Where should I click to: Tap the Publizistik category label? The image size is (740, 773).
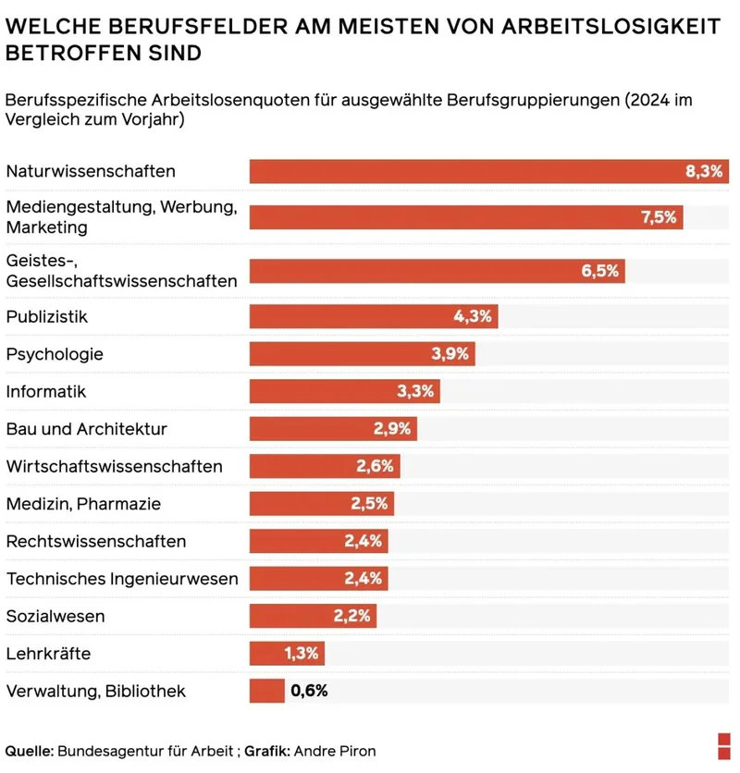[46, 316]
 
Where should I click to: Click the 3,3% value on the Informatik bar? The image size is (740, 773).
[415, 391]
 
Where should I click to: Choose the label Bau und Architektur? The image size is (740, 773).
[87, 429]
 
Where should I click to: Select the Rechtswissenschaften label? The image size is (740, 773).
[96, 541]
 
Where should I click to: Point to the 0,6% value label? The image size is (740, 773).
[309, 691]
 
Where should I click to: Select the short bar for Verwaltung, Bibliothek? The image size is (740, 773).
[266, 691]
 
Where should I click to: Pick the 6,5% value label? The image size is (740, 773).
[599, 271]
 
